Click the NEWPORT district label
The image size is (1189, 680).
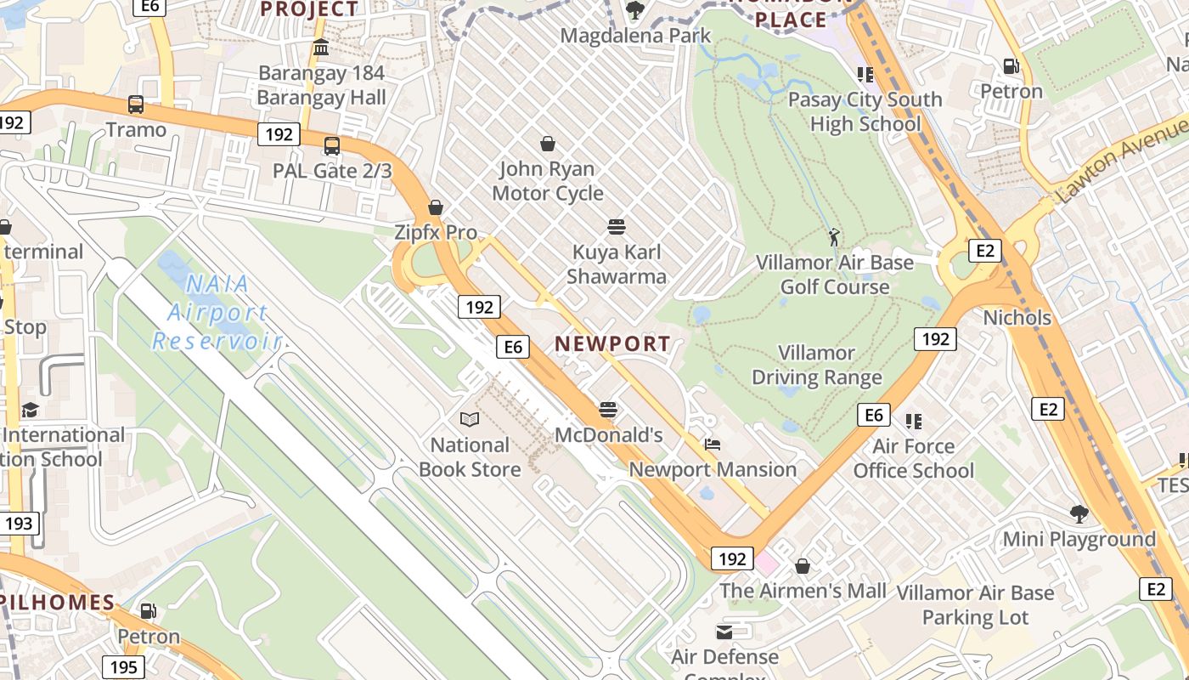click(612, 344)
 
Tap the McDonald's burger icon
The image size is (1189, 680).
click(607, 410)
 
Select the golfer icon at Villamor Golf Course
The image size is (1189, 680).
click(834, 236)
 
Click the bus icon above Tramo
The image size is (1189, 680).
click(136, 105)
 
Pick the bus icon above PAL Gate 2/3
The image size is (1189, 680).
click(332, 146)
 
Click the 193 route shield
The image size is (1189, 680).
click(19, 524)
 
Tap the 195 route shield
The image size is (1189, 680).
click(124, 667)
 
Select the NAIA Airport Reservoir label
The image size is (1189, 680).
click(217, 313)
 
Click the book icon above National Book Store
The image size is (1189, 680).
click(470, 419)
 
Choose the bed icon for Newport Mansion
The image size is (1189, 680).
click(713, 445)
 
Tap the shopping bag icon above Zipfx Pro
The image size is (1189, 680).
click(436, 207)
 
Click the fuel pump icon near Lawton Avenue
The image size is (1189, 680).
click(1011, 66)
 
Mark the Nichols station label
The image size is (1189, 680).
click(1017, 318)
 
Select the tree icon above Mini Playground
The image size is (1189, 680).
click(1079, 513)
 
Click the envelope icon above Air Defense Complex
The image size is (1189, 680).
click(724, 632)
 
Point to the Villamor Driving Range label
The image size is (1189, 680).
click(816, 365)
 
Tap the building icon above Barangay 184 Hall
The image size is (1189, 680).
click(321, 48)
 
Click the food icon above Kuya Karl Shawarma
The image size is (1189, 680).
click(617, 227)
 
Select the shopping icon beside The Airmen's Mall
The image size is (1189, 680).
click(803, 566)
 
